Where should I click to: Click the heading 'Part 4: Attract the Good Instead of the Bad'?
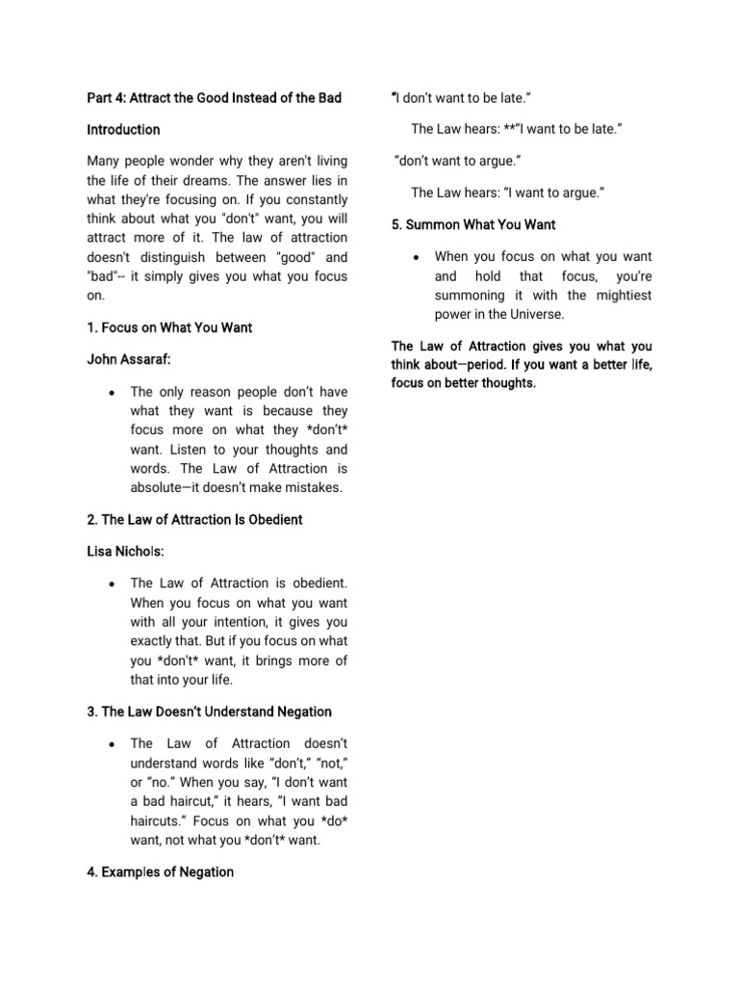214,97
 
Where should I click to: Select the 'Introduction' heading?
123,129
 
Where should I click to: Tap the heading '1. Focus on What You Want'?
169,327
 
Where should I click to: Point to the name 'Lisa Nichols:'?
126,552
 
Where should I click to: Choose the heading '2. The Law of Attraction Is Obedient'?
194,520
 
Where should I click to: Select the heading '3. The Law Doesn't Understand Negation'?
209,712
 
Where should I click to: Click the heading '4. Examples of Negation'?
160,872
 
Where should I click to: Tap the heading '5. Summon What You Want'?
472,224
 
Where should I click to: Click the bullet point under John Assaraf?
114,393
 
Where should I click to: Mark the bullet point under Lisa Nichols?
114,584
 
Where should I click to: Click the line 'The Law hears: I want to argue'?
506,193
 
